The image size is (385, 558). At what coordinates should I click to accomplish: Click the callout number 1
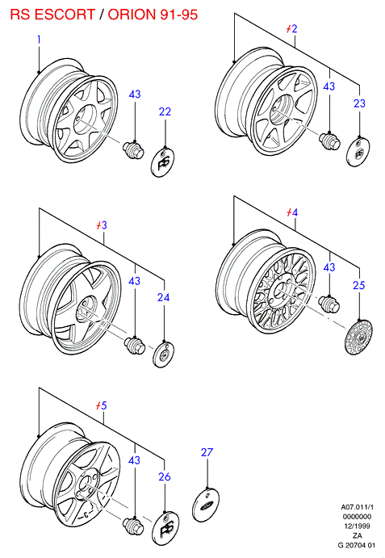click(x=39, y=40)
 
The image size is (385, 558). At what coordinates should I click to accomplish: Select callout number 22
click(x=165, y=111)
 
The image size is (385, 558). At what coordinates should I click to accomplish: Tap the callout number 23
click(x=359, y=103)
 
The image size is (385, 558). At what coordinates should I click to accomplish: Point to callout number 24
click(x=163, y=297)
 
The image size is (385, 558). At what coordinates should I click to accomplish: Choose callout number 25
click(x=358, y=285)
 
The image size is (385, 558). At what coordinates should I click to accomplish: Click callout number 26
click(x=165, y=476)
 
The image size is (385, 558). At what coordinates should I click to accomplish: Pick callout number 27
click(x=207, y=452)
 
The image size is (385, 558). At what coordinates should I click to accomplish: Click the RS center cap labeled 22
click(x=163, y=162)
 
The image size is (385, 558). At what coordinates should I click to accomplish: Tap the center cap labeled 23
click(x=358, y=152)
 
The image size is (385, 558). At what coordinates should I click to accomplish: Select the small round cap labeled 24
click(x=163, y=355)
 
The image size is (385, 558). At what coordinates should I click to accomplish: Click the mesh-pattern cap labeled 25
click(x=358, y=337)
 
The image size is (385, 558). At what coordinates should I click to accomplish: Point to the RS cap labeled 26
click(x=165, y=528)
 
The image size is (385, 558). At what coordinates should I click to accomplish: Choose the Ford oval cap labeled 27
click(x=206, y=505)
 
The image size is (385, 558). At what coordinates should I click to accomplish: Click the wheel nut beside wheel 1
click(x=133, y=150)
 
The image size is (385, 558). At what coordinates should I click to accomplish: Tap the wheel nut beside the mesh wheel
click(x=329, y=304)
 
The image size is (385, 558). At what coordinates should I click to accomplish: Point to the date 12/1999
click(x=357, y=526)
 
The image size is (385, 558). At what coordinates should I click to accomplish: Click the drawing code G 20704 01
click(x=356, y=545)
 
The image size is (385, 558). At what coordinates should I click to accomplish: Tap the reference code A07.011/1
click(x=357, y=507)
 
